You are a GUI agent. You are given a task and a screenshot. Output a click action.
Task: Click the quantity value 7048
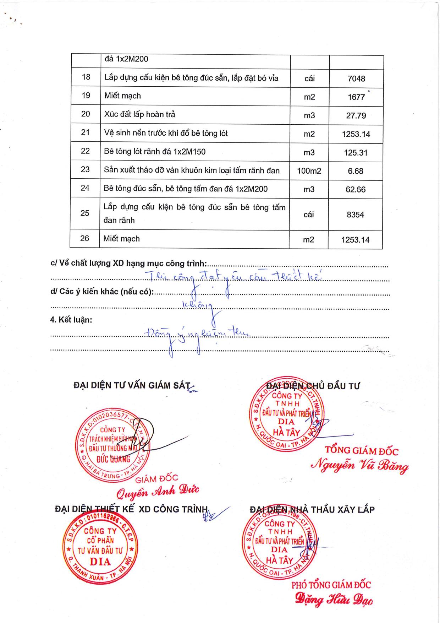tap(356, 79)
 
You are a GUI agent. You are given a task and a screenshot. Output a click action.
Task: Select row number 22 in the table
tap(86, 151)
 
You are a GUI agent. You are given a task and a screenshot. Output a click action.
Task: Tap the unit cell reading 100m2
tap(309, 171)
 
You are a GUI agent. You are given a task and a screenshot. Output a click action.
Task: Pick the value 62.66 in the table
tap(356, 189)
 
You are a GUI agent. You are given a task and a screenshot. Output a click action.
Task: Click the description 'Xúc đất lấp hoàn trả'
tap(139, 114)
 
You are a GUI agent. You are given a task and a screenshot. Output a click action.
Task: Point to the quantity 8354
tap(356, 215)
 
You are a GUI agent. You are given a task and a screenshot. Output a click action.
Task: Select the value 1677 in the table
tap(356, 97)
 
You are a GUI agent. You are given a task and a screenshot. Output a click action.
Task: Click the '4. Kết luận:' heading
tap(71, 320)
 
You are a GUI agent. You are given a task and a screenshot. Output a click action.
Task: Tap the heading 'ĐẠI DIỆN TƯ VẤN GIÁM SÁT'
tap(132, 385)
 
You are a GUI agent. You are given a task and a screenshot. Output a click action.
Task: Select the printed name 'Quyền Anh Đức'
tap(158, 492)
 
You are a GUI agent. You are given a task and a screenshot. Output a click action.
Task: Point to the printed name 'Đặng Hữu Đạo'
tap(334, 600)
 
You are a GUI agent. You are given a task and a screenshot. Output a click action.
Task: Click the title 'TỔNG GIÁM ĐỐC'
tap(362, 451)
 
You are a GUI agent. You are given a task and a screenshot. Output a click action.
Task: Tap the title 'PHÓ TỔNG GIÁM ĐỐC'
tap(331, 585)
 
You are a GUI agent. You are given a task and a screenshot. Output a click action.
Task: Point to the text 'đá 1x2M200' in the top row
tap(126, 59)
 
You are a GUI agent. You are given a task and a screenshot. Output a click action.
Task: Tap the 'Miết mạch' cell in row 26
tap(121, 239)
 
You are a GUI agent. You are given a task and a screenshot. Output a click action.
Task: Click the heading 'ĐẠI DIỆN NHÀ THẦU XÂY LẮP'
tap(312, 510)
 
